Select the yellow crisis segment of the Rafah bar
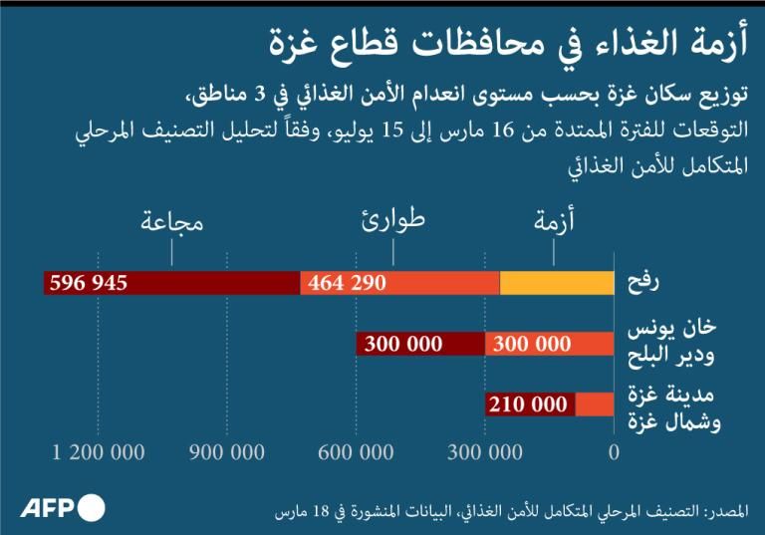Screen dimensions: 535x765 (556, 283)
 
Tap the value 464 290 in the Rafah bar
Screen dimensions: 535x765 (347, 283)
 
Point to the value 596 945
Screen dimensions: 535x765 (88, 283)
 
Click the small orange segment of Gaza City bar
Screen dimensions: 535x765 (595, 404)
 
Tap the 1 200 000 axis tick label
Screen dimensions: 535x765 (100, 452)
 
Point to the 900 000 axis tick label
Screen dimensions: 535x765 (227, 452)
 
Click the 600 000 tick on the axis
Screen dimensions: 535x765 (356, 452)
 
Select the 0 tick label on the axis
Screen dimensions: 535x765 (613, 452)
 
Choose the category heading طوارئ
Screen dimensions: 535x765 (391, 219)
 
